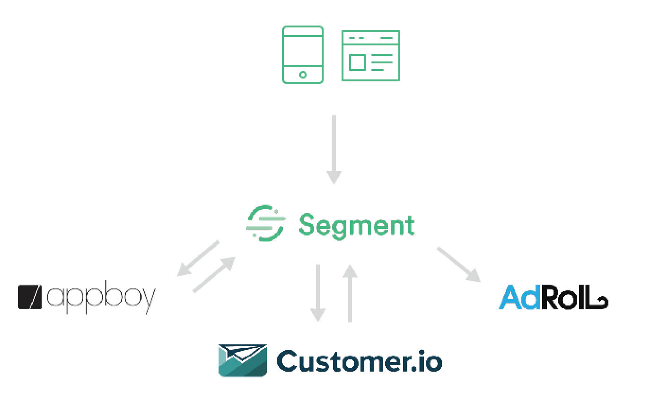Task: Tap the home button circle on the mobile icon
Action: click(x=303, y=75)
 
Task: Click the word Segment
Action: click(x=356, y=226)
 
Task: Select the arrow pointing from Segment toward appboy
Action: click(x=198, y=259)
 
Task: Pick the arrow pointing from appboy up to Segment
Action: click(x=214, y=275)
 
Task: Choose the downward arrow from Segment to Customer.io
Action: click(x=318, y=293)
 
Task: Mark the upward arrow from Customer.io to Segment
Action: click(x=350, y=293)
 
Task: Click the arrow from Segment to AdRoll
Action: click(x=459, y=264)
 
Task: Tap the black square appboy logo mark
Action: click(x=30, y=297)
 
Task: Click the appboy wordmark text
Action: click(x=102, y=297)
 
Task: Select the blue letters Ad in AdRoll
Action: click(x=519, y=297)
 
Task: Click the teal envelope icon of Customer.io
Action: click(x=243, y=360)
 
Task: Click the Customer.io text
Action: click(x=360, y=361)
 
